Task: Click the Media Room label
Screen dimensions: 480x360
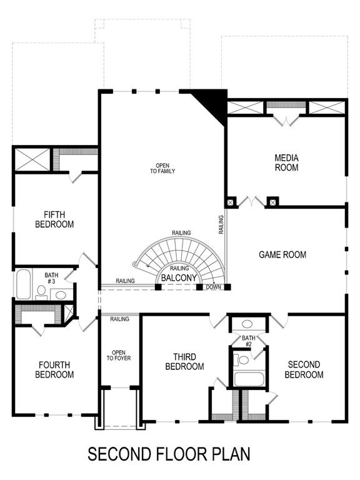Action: point(286,162)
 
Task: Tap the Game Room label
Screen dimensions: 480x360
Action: point(282,254)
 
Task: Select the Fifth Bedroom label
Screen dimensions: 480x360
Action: point(54,219)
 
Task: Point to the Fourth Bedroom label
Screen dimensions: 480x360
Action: point(55,369)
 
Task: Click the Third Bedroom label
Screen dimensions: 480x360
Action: point(184,361)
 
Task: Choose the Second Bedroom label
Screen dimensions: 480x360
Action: point(304,369)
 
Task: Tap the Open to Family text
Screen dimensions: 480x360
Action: point(162,168)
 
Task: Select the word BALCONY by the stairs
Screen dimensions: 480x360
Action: point(179,277)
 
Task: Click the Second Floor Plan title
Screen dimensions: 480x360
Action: point(169,453)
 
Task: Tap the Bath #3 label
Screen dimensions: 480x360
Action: point(50,278)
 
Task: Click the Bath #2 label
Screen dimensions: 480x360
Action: point(248,341)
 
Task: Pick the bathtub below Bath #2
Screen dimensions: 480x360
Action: point(247,378)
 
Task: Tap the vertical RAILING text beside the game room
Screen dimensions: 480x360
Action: point(221,225)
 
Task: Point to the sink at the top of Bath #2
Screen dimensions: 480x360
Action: point(247,324)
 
